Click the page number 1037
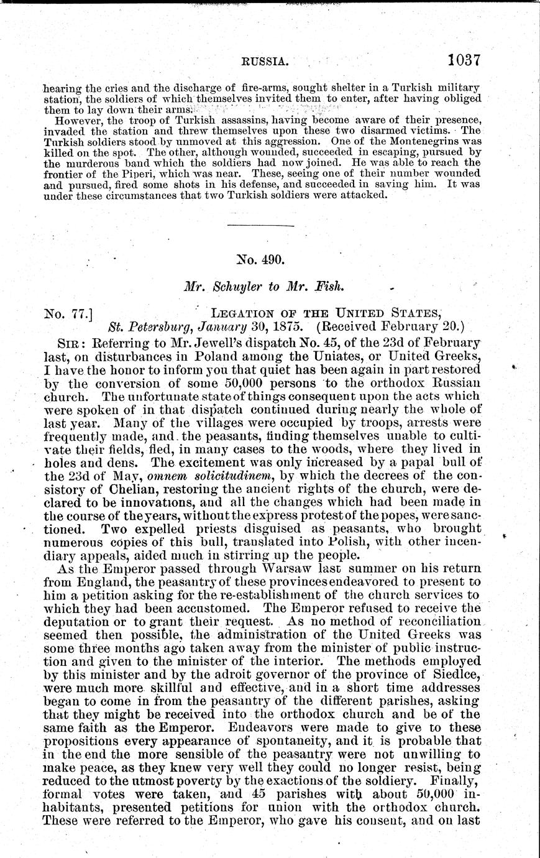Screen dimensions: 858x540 coord(464,61)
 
